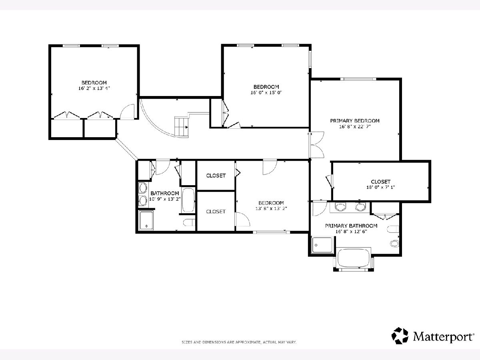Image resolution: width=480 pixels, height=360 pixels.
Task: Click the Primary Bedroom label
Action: [x=355, y=121]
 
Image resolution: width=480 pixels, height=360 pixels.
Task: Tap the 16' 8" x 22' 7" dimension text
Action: [x=355, y=126]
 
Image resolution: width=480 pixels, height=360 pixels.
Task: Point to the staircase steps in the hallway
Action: [x=181, y=127]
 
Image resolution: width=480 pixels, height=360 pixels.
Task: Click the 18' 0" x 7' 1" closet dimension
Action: [x=380, y=187]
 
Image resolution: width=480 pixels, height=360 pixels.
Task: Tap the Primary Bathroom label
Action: [x=351, y=226]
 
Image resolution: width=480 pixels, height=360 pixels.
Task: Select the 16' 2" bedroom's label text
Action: [x=94, y=83]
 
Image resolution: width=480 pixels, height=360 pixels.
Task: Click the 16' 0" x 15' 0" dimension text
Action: [x=266, y=92]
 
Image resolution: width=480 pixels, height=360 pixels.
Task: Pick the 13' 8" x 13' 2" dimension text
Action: [x=271, y=208]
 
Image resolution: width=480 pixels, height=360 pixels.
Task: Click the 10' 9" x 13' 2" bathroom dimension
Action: [x=165, y=199]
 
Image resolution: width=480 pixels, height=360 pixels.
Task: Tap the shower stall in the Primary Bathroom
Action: [x=322, y=245]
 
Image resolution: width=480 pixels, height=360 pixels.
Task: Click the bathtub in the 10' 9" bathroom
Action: [x=188, y=200]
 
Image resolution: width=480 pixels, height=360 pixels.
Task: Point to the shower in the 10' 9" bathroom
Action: [x=146, y=220]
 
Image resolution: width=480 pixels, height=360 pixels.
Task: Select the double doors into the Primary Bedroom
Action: [x=317, y=145]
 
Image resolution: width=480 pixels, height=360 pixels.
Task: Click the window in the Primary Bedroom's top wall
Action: [x=360, y=79]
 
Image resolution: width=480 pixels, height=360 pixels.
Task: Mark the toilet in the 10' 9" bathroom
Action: [x=189, y=222]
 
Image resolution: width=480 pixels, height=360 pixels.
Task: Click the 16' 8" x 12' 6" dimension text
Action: [x=351, y=232]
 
